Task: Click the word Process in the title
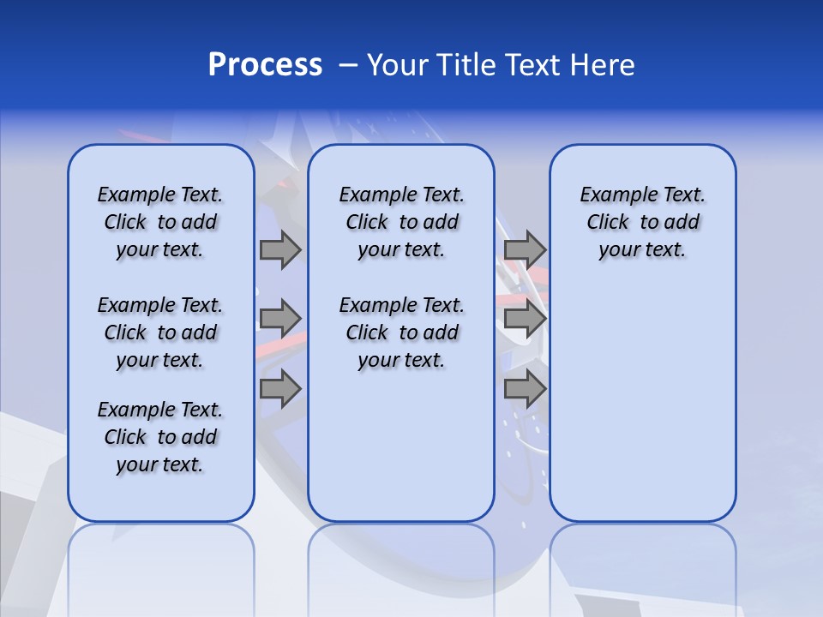265,65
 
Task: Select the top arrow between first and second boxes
279,249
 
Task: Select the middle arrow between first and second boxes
279,319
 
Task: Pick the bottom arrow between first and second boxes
279,389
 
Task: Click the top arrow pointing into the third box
525,249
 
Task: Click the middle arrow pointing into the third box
525,319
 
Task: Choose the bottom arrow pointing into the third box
525,389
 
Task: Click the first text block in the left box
160,222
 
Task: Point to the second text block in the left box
160,332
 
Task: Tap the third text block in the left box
160,437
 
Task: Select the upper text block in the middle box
401,222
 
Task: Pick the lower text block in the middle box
401,332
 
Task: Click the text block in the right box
642,222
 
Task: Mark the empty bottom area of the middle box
401,454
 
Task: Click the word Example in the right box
612,195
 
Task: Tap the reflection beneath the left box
160,557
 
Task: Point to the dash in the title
348,66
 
